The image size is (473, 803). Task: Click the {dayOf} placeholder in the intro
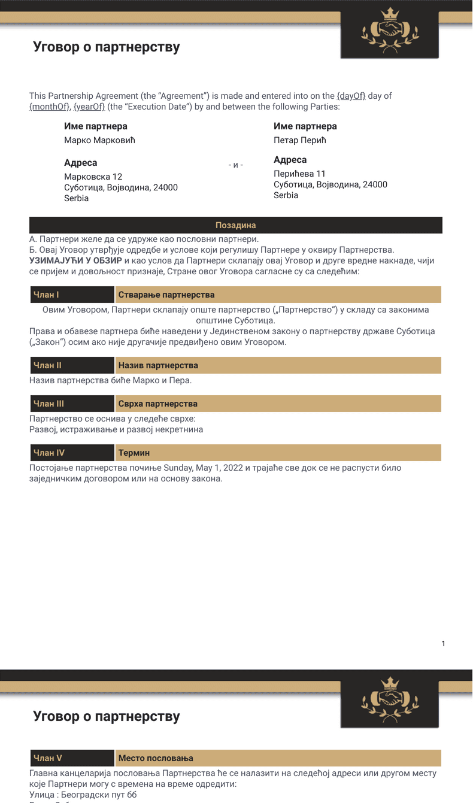tap(351, 96)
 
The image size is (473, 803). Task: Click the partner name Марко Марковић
tap(100, 141)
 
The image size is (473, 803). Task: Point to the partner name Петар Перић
tap(300, 141)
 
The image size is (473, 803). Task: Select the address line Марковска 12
tap(93, 177)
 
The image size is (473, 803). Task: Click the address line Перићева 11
tap(300, 174)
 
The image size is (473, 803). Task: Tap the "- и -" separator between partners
tap(236, 165)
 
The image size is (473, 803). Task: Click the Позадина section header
tap(235, 225)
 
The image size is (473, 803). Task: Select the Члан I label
tap(47, 295)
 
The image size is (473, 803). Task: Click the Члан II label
tap(48, 365)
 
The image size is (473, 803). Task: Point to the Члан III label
tap(49, 404)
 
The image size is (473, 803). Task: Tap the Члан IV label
tap(49, 453)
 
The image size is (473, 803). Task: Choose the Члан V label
tap(48, 758)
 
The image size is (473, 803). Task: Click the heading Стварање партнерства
tap(166, 295)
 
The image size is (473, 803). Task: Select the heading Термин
tap(134, 453)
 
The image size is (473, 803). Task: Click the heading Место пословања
tap(156, 758)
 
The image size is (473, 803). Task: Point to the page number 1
tap(443, 644)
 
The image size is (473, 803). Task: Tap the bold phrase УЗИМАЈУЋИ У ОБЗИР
tap(75, 260)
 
